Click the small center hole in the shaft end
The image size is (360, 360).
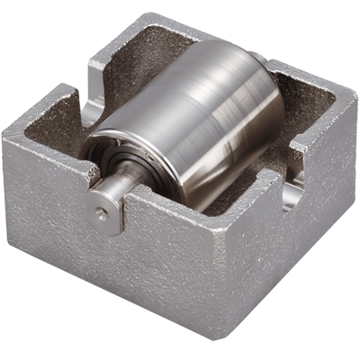102,213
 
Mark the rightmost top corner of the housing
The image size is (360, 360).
354,90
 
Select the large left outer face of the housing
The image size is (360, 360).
99,270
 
